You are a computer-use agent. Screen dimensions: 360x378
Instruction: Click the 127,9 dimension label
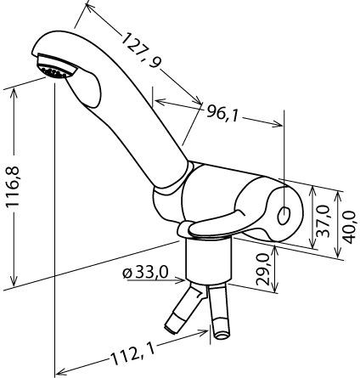tap(141, 50)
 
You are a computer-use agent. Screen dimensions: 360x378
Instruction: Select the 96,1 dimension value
tap(222, 112)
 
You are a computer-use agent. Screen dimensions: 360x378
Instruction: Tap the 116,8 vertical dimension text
tap(14, 187)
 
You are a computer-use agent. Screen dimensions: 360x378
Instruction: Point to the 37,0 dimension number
tap(323, 222)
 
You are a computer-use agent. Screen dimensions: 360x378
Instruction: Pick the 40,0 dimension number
tap(349, 228)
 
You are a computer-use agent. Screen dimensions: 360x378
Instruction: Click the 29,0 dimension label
tap(262, 269)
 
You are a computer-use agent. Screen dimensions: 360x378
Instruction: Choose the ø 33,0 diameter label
tap(145, 273)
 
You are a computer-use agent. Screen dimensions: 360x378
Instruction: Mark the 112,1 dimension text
tap(133, 355)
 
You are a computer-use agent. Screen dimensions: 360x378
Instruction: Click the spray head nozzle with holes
tap(56, 67)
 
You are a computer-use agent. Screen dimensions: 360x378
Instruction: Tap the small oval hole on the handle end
tap(284, 216)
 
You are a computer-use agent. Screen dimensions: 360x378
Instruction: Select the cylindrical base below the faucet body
tap(209, 261)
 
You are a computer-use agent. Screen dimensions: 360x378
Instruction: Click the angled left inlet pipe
tap(185, 308)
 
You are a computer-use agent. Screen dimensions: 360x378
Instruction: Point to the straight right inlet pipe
tap(219, 312)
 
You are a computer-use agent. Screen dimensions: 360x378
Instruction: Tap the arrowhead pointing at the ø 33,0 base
tap(181, 280)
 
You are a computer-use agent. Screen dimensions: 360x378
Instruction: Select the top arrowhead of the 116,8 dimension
tap(14, 93)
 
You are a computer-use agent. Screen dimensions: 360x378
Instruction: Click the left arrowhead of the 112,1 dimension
tap(61, 371)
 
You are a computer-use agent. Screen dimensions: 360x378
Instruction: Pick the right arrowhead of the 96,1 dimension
tap(278, 123)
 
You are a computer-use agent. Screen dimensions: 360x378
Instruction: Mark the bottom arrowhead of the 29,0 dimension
tap(274, 287)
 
